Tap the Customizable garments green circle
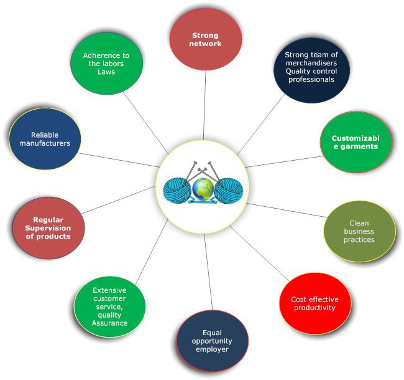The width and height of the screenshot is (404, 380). coord(354,142)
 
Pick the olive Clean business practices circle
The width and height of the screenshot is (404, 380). coord(359,231)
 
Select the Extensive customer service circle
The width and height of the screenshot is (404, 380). coord(110,306)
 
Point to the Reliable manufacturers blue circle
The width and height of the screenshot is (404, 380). coord(45,139)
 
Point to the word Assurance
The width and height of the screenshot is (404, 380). coord(109,323)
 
